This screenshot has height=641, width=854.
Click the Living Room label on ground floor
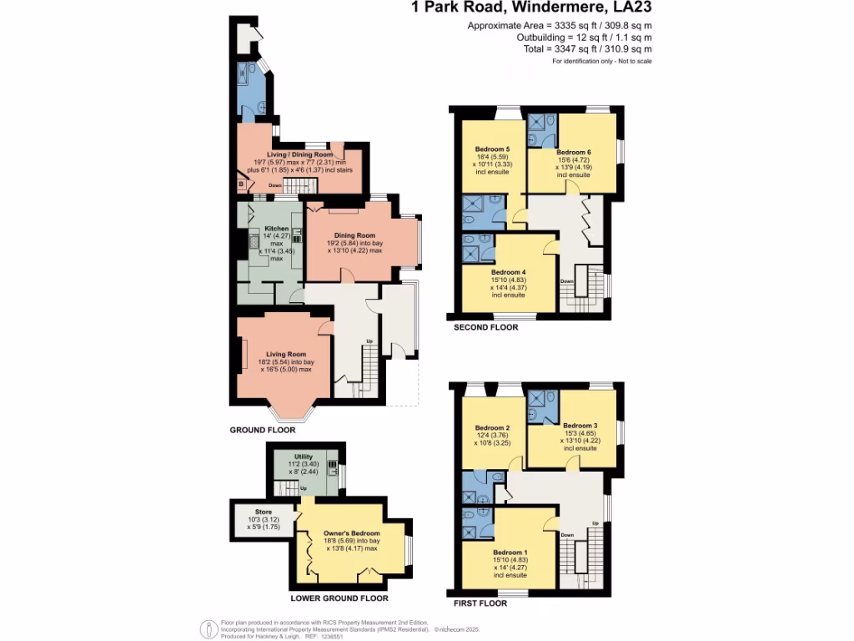click(284, 355)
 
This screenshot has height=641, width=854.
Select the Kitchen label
click(277, 229)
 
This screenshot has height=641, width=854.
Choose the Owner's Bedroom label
click(351, 533)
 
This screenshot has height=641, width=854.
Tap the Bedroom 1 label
click(509, 553)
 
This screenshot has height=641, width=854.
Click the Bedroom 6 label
click(573, 152)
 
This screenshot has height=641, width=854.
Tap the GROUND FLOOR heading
click(263, 431)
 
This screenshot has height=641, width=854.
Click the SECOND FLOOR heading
click(485, 327)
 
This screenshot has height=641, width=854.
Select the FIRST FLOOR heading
click(480, 603)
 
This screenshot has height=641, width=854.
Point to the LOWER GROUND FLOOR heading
click(339, 598)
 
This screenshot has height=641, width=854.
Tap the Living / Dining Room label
click(299, 154)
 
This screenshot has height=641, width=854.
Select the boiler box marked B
click(242, 184)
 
